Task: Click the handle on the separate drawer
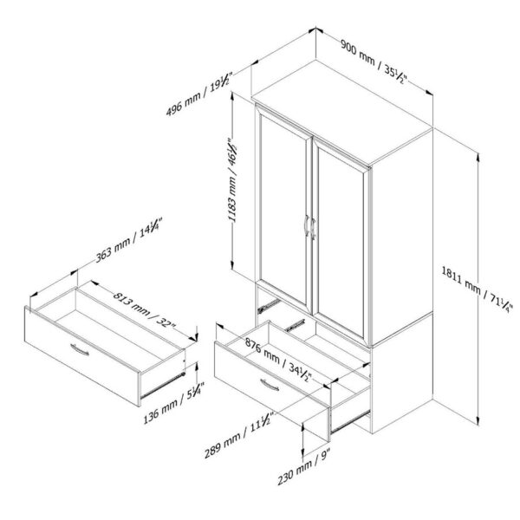(81, 349)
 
